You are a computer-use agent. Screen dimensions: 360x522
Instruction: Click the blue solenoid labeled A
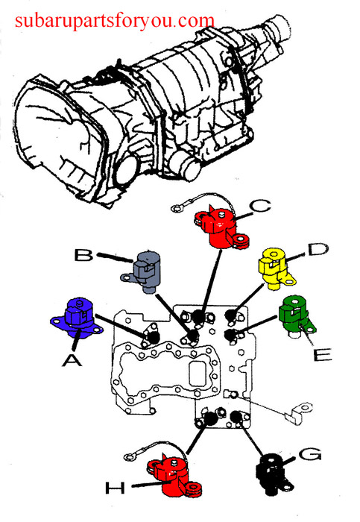coord(77,318)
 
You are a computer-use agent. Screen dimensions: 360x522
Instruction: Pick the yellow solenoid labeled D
coord(276,268)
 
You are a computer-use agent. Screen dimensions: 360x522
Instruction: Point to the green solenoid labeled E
coord(296,316)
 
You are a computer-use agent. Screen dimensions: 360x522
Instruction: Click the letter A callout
coord(72,360)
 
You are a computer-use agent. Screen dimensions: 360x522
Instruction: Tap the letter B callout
coord(83,255)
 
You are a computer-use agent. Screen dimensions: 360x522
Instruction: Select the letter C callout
coord(261,206)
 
